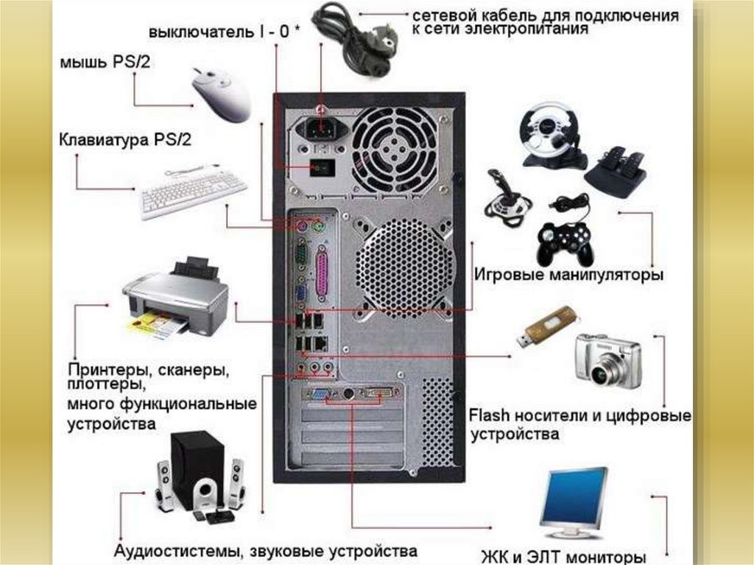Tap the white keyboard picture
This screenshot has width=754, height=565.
click(194, 192)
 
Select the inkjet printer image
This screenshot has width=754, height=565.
click(176, 298)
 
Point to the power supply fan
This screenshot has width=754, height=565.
click(395, 150)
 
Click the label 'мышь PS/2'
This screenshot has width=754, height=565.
click(105, 63)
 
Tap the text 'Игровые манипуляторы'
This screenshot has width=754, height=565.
click(569, 275)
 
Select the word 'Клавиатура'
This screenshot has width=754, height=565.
click(103, 140)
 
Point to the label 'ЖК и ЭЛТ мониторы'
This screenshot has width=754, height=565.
click(563, 558)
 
